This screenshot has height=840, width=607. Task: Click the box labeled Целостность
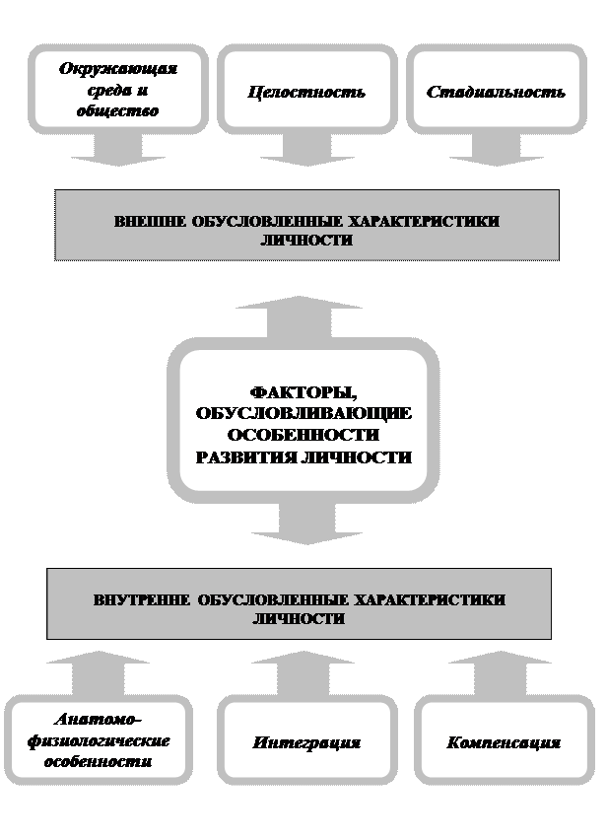click(x=305, y=92)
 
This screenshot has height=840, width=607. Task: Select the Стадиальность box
click(x=496, y=92)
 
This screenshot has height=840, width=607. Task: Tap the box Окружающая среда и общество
click(x=117, y=90)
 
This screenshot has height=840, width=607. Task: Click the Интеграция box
click(x=306, y=741)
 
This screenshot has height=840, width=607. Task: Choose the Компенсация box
click(x=503, y=741)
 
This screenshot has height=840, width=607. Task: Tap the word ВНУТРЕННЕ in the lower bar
click(x=141, y=599)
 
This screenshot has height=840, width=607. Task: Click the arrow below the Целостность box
click(x=305, y=150)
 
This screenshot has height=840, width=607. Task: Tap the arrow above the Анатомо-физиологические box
click(x=97, y=670)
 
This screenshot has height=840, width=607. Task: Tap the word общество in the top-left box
click(x=117, y=110)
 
